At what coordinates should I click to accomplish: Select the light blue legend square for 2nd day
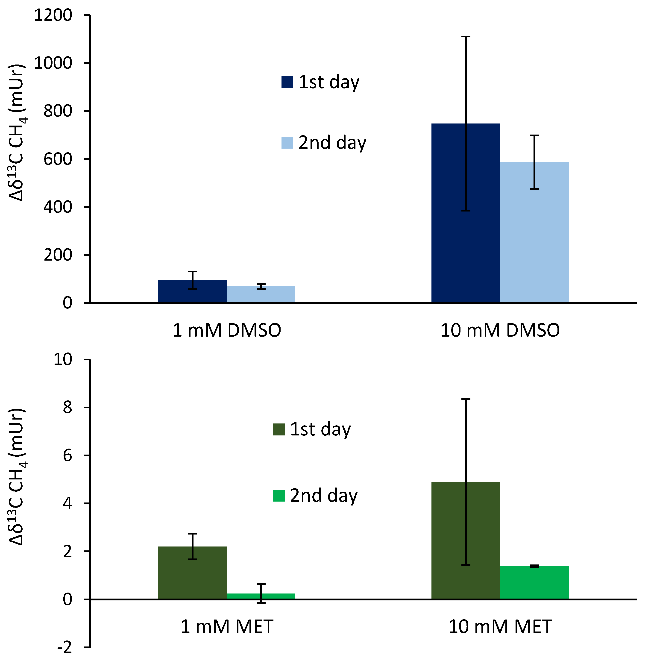tap(287, 143)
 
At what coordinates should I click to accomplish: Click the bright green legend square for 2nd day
tap(279, 496)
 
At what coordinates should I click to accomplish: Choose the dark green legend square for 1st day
tap(279, 429)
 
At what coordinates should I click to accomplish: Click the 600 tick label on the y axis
tap(58, 159)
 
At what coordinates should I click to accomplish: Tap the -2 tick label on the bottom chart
tap(65, 647)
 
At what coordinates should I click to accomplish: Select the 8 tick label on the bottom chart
tap(67, 407)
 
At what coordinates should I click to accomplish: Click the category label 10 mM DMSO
tap(500, 330)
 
